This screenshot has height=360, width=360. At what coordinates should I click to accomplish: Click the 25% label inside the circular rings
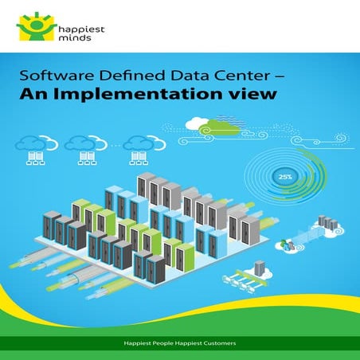point(283,175)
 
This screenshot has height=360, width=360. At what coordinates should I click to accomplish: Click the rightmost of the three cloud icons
point(136,146)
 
